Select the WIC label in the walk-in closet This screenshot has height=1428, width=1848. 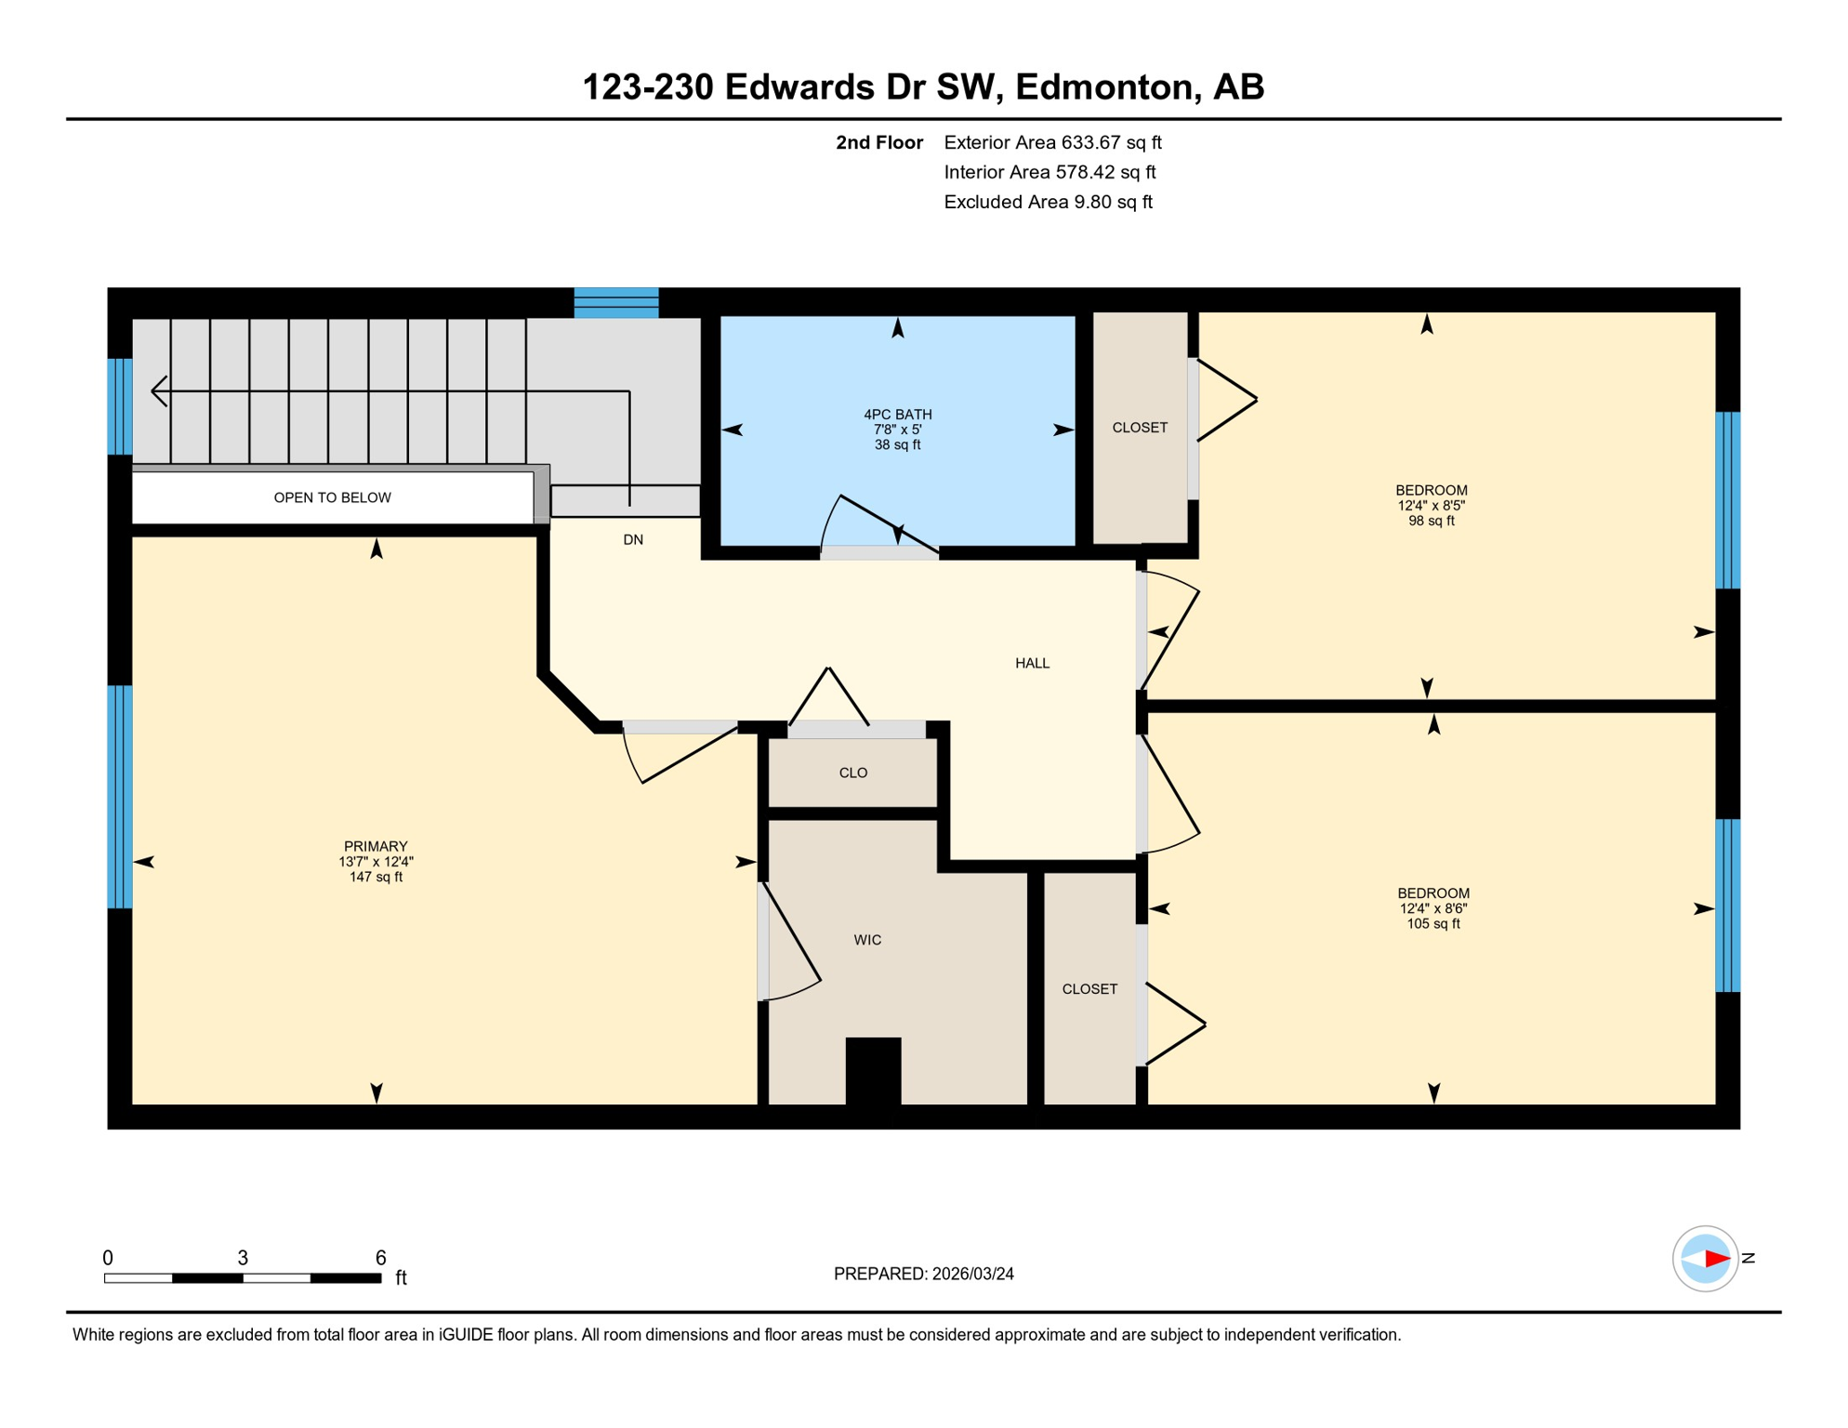pos(867,940)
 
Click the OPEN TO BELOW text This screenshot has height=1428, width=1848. pos(332,497)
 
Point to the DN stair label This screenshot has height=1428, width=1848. pos(633,539)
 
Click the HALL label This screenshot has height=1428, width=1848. pos(1032,663)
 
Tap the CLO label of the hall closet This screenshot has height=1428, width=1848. pos(852,773)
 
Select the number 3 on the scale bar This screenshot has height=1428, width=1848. pos(243,1258)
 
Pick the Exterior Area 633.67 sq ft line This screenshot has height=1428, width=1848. pos(1052,142)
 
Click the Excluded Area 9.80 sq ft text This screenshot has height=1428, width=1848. pos(1048,202)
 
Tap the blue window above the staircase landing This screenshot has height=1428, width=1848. pos(616,303)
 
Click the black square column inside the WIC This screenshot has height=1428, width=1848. pos(873,1070)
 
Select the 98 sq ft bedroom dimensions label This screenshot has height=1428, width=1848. pos(1431,506)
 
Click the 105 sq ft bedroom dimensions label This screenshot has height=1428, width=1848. pos(1432,908)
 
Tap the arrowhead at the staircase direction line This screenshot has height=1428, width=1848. pos(159,391)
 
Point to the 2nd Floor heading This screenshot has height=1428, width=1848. pos(878,142)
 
